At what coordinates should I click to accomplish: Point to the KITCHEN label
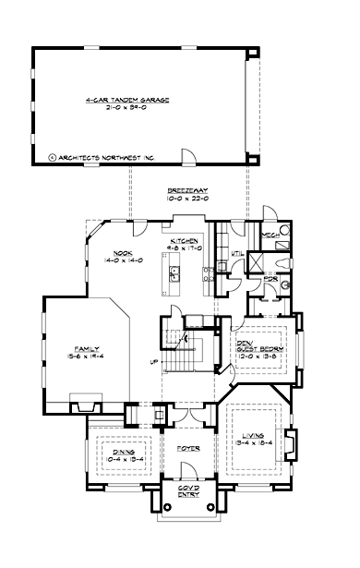coord(184,240)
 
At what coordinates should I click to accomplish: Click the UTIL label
coord(235,253)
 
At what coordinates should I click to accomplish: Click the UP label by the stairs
coord(154,361)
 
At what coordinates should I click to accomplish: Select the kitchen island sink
coord(173,272)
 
